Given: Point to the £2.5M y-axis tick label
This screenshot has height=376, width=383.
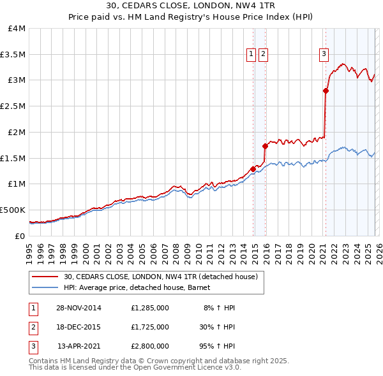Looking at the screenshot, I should click(13, 106).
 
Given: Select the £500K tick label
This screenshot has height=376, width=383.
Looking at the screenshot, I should click(13, 210).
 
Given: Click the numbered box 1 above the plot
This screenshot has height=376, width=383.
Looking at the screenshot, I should click(252, 55).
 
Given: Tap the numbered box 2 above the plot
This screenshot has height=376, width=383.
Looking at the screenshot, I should click(263, 55).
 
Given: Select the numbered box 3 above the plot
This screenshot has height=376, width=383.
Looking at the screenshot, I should click(324, 55).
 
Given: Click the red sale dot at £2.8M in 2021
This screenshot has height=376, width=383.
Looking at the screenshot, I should click(326, 91).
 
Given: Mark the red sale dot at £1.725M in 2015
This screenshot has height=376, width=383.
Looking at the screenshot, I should click(265, 146).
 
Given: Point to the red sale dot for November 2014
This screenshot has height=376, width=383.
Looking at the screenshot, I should click(253, 169).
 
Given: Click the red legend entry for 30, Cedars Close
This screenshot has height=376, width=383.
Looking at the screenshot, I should click(160, 277).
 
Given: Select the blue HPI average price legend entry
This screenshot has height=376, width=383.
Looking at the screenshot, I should click(140, 288).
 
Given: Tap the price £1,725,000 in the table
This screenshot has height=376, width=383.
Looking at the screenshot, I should click(149, 327).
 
